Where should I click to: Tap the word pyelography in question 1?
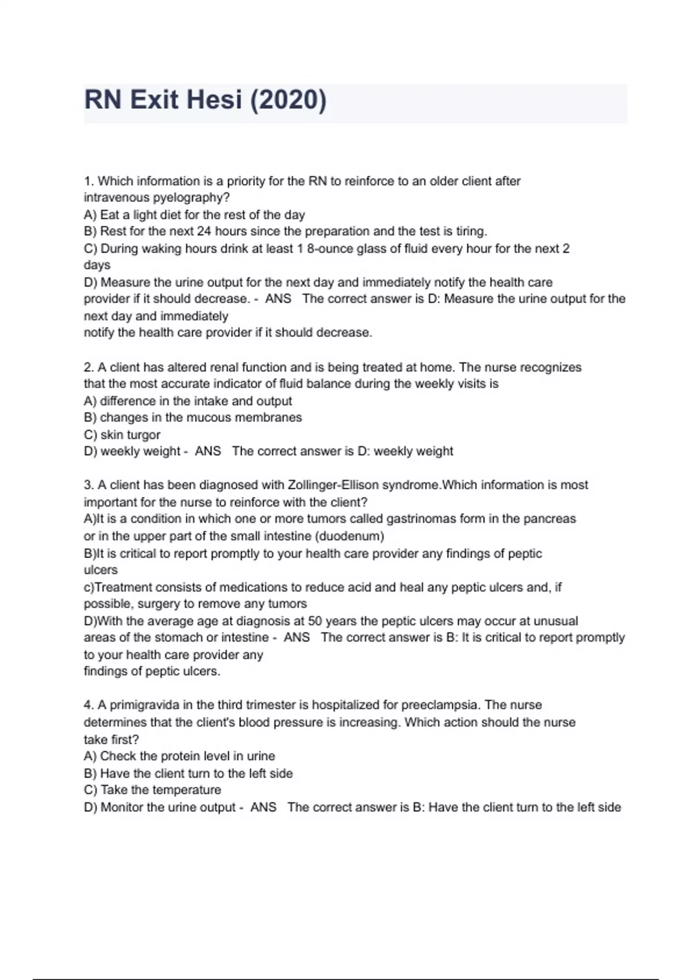click(x=188, y=198)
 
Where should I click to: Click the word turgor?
click(x=144, y=435)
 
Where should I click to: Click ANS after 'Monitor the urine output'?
click(x=263, y=807)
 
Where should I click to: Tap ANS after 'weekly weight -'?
click(x=208, y=451)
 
